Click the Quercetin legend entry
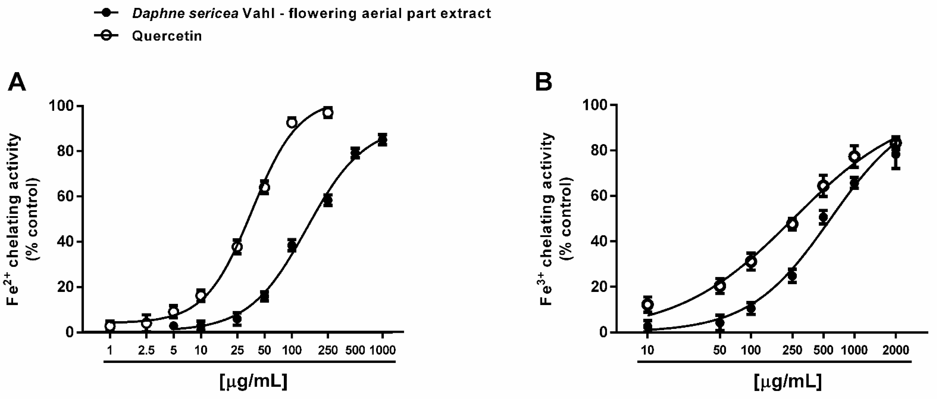click(167, 36)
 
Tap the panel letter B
click(544, 82)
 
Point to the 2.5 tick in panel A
click(146, 350)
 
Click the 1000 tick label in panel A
click(382, 350)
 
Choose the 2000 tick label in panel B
click(896, 350)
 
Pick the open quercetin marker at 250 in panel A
click(328, 113)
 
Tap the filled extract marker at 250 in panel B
click(792, 276)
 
